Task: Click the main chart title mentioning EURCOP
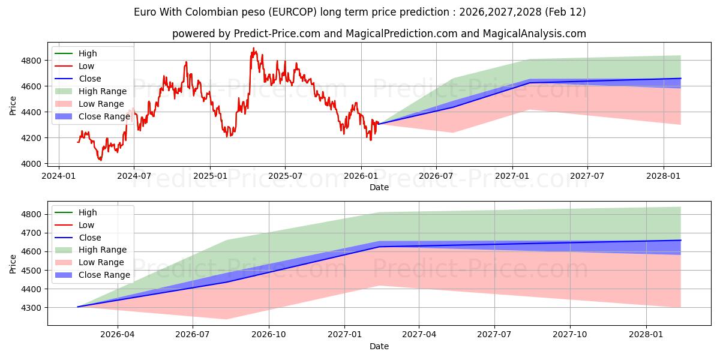[x=360, y=12]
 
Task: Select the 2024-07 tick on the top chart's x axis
[x=133, y=176]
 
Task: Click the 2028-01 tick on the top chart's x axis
[x=663, y=176]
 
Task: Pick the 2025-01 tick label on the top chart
[x=210, y=176]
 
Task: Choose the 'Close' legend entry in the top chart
[x=90, y=79]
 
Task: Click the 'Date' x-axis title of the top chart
[x=379, y=187]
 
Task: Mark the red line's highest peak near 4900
[x=253, y=48]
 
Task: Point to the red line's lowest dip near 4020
[x=100, y=160]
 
